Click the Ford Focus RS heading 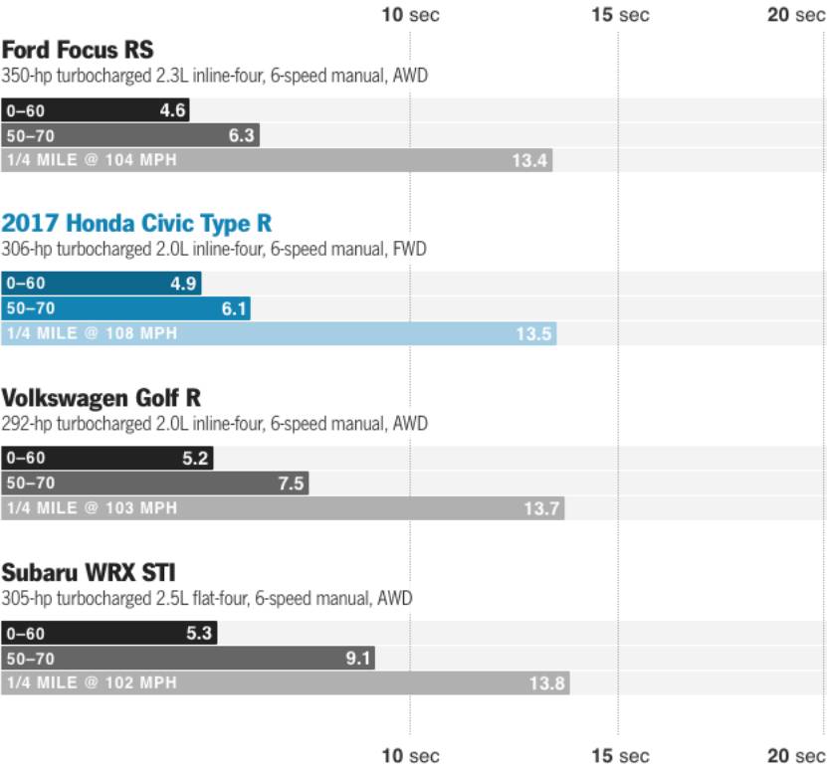78,50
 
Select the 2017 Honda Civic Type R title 137,223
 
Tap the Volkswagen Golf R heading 102,398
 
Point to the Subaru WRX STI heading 89,573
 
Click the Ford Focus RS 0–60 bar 96,110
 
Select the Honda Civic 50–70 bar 125,308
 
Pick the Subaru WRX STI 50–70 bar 188,659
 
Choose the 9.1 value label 358,659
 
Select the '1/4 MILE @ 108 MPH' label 92,334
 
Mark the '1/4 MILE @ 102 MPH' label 92,683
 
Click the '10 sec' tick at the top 410,15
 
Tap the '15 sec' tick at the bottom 620,756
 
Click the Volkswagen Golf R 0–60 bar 107,459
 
